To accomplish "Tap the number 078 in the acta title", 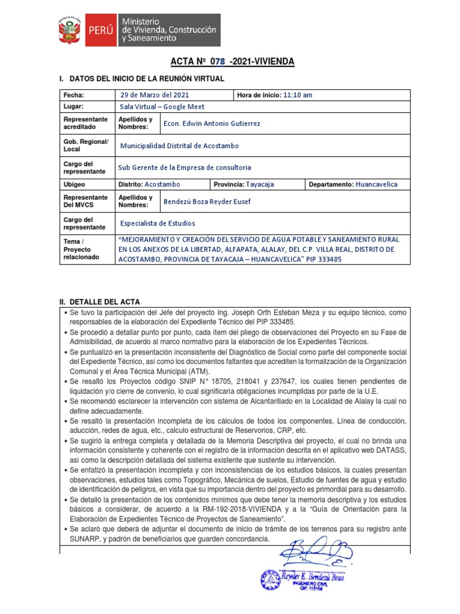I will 219,62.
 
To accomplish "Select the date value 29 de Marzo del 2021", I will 155,95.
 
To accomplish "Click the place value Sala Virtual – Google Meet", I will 162,107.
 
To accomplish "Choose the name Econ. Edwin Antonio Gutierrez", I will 204,124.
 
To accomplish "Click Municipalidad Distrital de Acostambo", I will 179,146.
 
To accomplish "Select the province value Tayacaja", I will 260,184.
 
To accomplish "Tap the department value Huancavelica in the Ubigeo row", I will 376,184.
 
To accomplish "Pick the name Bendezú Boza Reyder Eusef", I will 207,201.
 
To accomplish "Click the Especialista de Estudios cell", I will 158,223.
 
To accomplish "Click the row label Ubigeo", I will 75,184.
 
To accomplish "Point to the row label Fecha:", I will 74,95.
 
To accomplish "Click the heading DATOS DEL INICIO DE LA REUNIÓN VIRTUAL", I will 147,79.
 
